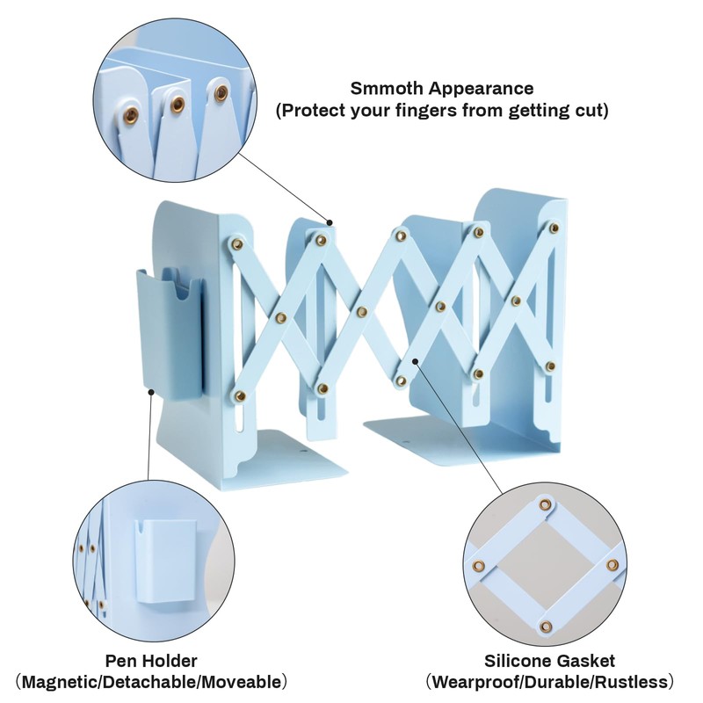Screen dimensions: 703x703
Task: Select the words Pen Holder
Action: (151, 661)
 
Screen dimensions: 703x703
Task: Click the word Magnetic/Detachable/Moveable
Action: (151, 682)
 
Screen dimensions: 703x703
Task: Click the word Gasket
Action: (588, 661)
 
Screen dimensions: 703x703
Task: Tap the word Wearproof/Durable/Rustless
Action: (550, 682)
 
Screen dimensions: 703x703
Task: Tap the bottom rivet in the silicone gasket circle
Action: (547, 626)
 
